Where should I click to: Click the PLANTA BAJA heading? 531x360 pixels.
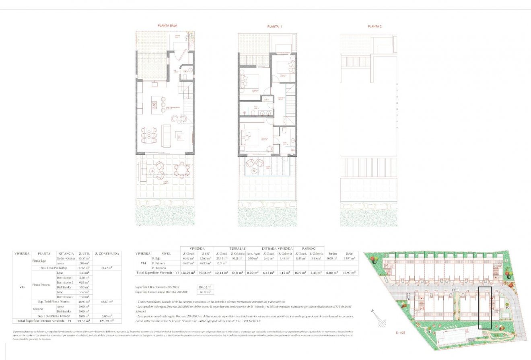click(167, 25)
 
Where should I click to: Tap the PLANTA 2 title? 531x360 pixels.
click(375, 27)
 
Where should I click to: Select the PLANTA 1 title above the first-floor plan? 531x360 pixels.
click(274, 27)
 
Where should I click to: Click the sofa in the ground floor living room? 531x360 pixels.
click(166, 136)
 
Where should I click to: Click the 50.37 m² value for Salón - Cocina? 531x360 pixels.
click(83, 258)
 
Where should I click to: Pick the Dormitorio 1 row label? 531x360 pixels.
click(64, 278)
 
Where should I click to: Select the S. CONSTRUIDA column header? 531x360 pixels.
click(107, 254)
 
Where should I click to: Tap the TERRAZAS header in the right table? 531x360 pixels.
click(237, 249)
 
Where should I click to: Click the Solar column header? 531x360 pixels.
click(348, 253)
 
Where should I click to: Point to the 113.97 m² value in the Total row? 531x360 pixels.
click(348, 273)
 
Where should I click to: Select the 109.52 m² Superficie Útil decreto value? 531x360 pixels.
click(205, 287)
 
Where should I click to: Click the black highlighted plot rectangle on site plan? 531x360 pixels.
click(485, 308)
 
